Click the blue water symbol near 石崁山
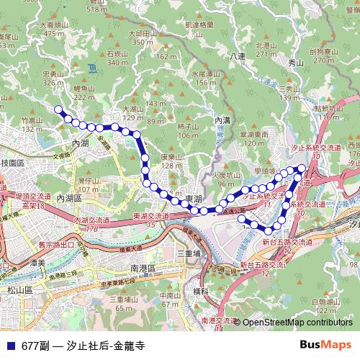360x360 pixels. pyautogui.click(x=93, y=68)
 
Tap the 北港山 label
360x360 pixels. pyautogui.click(x=266, y=45)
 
